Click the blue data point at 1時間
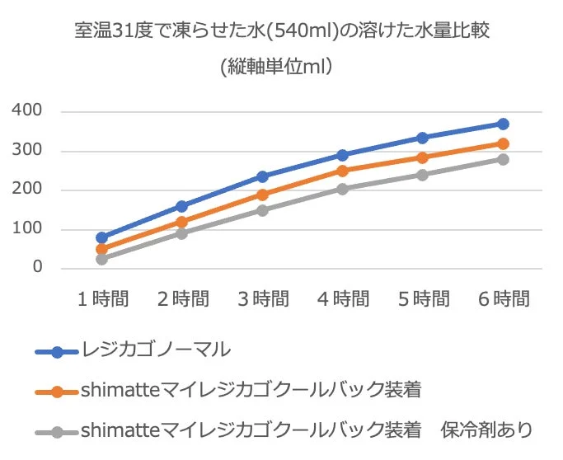pos(102,237)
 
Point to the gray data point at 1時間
pos(102,259)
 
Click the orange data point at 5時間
pos(423,157)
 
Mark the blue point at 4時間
pos(343,155)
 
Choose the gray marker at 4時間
pos(343,189)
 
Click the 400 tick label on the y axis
pos(28,111)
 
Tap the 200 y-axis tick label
pos(28,190)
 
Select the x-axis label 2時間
pos(182,299)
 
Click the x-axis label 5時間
pos(422,299)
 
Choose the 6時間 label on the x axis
pos(503,299)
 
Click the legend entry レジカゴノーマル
pos(156,350)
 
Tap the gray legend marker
pos(57,431)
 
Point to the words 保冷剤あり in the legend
pos(486,430)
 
